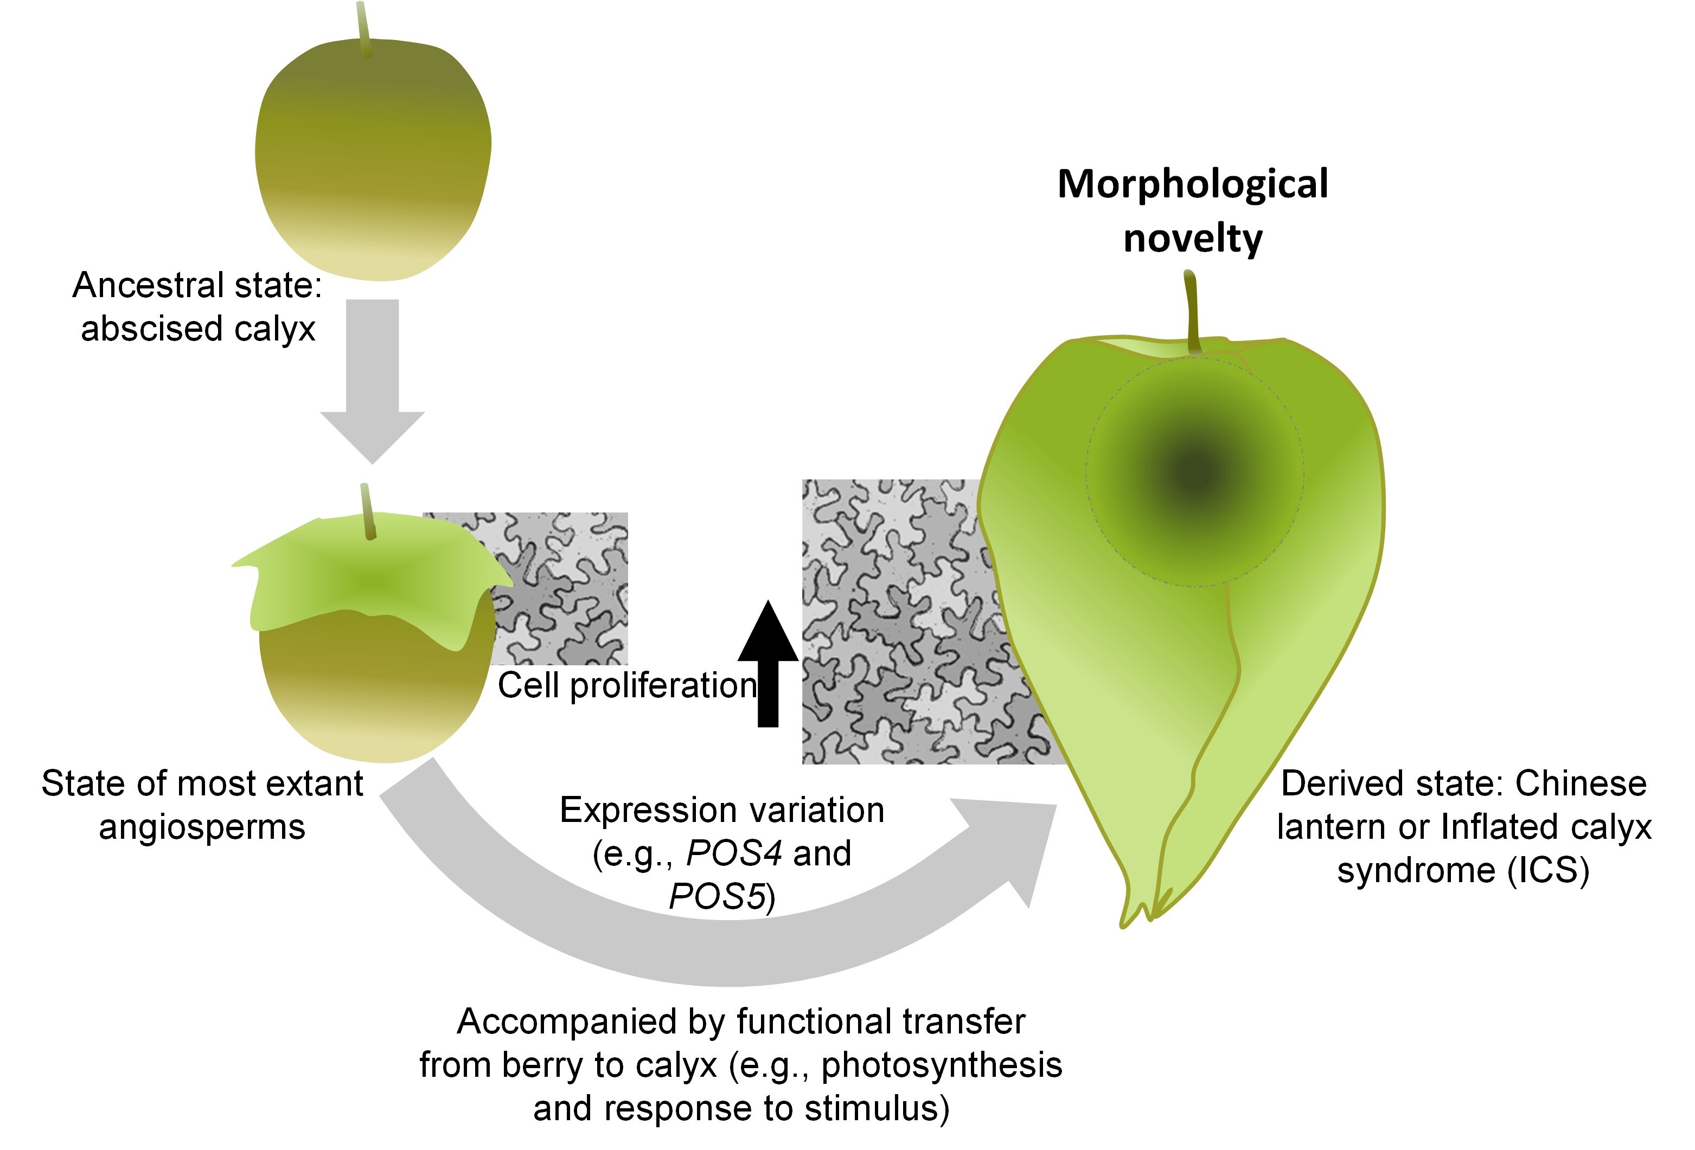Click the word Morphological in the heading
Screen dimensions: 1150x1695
[1193, 184]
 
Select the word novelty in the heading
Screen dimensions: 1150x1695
[1193, 239]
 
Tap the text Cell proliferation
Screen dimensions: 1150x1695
[627, 685]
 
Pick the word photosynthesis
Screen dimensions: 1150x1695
[942, 1065]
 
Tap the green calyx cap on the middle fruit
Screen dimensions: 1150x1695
[372, 576]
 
